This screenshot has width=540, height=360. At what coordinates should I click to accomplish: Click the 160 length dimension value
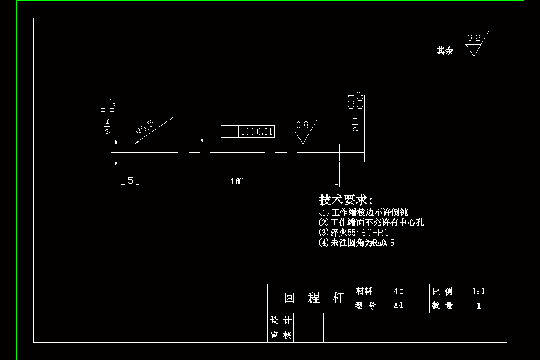coord(237,181)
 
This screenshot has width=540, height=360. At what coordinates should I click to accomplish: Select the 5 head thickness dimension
coord(130,180)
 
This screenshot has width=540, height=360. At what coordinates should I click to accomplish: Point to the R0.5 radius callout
coord(145,128)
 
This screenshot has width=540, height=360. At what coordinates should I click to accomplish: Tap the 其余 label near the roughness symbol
coord(445,51)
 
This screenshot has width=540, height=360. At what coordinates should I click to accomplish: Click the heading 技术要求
coord(346,200)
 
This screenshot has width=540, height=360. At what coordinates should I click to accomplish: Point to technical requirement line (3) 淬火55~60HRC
coord(354,233)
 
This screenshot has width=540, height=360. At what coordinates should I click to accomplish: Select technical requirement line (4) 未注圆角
coord(356,243)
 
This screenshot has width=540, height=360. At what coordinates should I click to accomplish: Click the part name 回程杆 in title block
coord(314,298)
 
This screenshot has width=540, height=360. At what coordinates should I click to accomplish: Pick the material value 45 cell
coord(399,291)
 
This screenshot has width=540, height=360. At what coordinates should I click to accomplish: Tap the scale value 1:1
coord(478,291)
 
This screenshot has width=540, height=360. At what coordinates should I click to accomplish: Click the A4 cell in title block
coord(398,306)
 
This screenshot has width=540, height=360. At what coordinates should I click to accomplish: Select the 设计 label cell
coord(280,320)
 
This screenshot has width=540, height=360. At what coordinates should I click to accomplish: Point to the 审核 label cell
coord(280,335)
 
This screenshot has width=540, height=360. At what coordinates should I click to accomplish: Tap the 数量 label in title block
coord(442,306)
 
